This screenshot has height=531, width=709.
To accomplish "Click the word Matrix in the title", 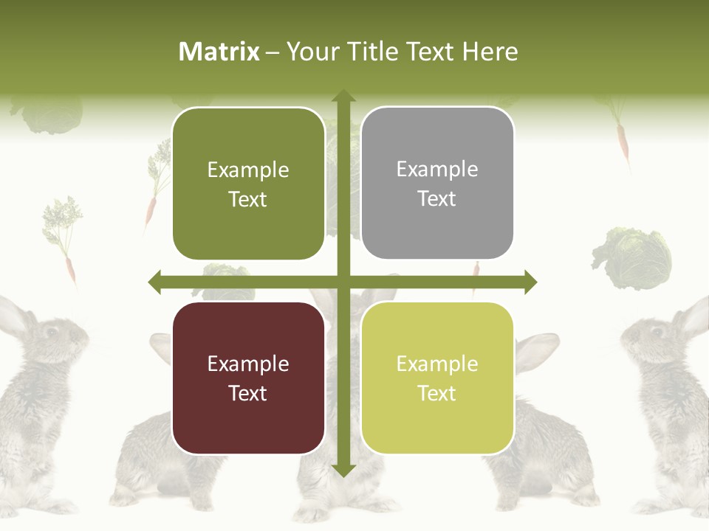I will click(219, 52).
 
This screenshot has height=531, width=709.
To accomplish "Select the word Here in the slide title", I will click(490, 52).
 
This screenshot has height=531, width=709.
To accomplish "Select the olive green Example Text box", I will click(248, 184).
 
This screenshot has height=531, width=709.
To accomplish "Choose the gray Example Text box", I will click(437, 184).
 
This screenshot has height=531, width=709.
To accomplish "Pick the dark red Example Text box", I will click(248, 378).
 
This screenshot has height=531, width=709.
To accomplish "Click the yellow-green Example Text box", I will click(437, 378).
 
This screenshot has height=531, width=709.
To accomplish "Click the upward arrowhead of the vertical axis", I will click(343, 95).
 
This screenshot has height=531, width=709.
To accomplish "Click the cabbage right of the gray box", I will click(632, 257).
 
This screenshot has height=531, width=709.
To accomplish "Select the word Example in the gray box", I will click(437, 170).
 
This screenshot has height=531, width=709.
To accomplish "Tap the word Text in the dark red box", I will click(248, 393).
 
